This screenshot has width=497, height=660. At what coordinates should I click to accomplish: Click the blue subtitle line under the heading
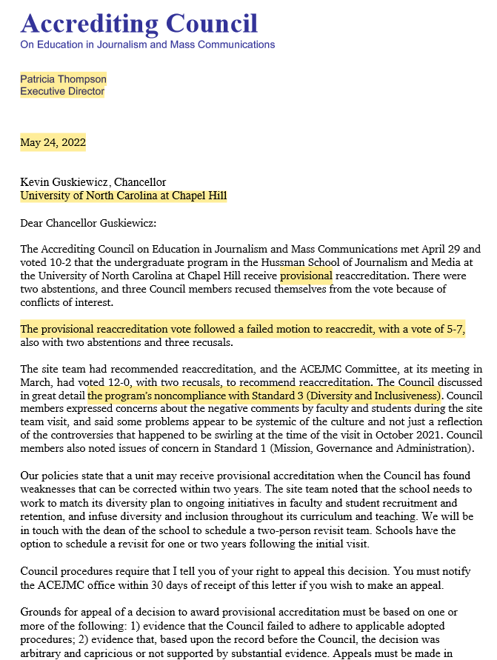[x=147, y=44]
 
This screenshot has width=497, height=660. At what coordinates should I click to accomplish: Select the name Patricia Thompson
[x=63, y=79]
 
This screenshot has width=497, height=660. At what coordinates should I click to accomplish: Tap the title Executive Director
[x=62, y=92]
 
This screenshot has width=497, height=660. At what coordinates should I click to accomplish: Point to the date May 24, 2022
[x=53, y=143]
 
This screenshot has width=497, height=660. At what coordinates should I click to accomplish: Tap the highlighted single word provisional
[x=306, y=276]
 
